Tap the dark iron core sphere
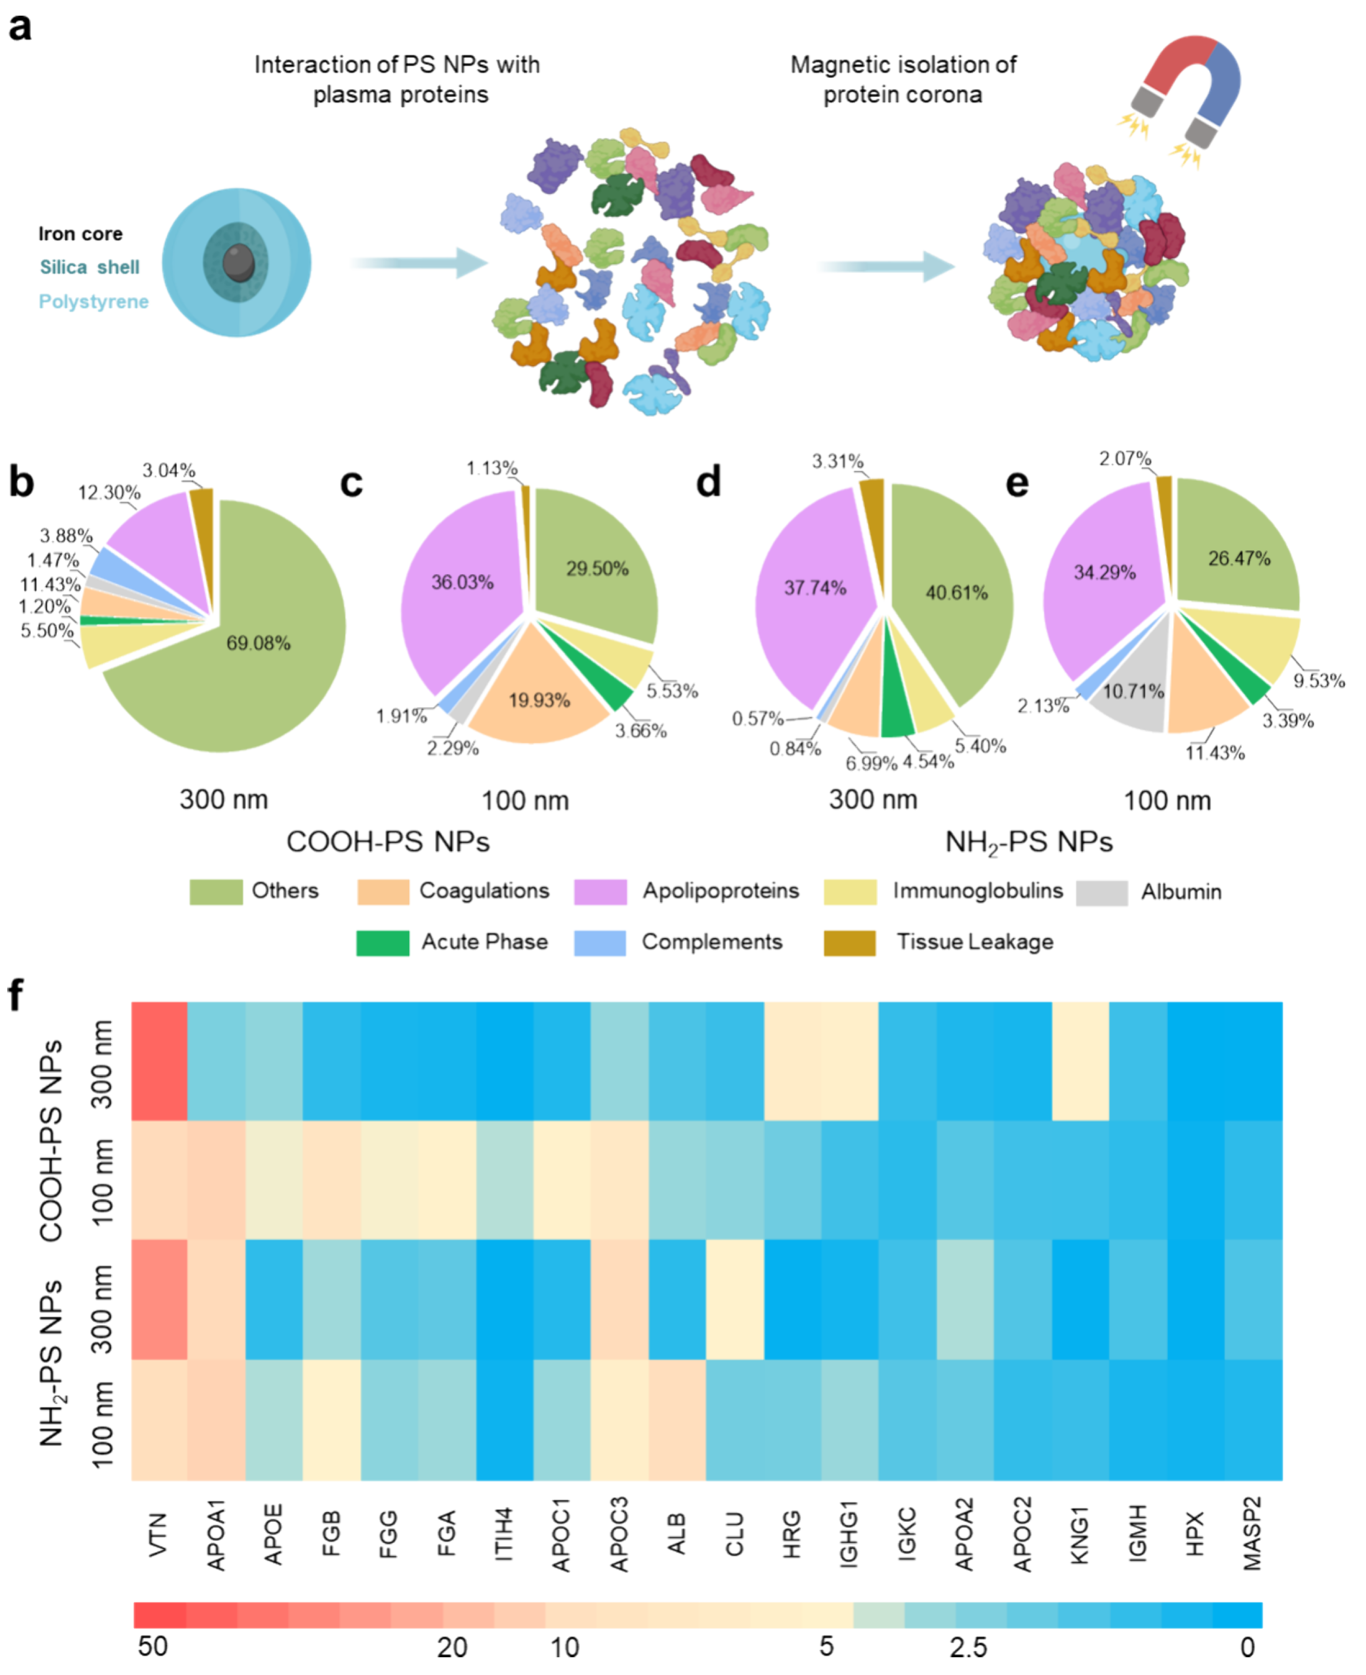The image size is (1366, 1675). click(x=238, y=262)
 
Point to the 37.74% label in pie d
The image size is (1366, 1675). click(x=815, y=588)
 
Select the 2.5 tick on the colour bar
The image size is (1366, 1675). click(x=968, y=1647)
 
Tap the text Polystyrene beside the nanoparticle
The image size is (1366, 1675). click(x=94, y=301)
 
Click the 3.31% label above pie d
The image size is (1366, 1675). click(x=837, y=462)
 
